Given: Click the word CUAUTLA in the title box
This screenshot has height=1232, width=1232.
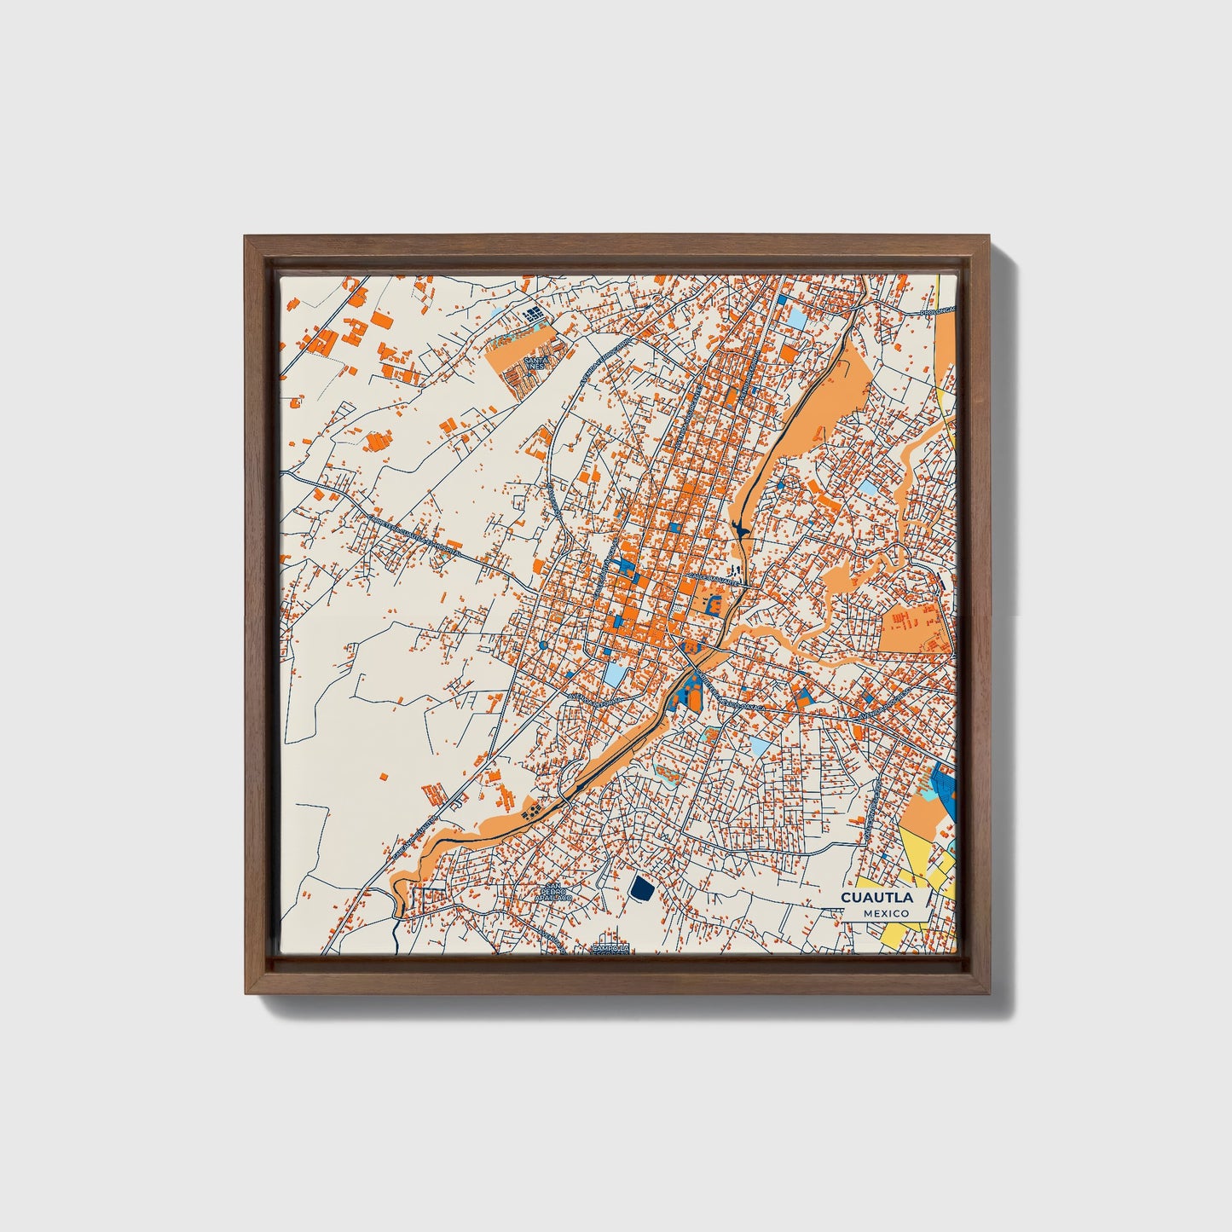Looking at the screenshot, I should click(876, 898).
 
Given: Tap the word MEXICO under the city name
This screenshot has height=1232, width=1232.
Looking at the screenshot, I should click(885, 913).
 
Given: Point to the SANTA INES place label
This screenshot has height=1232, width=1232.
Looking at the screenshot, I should click(535, 363).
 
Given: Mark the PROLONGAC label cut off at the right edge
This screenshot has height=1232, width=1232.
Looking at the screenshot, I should click(938, 312).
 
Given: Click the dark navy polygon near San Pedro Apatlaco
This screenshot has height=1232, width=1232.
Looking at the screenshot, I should click(641, 888).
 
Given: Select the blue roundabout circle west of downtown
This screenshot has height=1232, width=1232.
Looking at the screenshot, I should click(543, 646).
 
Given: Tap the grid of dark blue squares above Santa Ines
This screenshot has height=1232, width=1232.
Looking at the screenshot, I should click(534, 316).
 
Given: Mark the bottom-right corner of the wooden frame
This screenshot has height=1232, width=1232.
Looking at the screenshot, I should click(991, 993).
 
